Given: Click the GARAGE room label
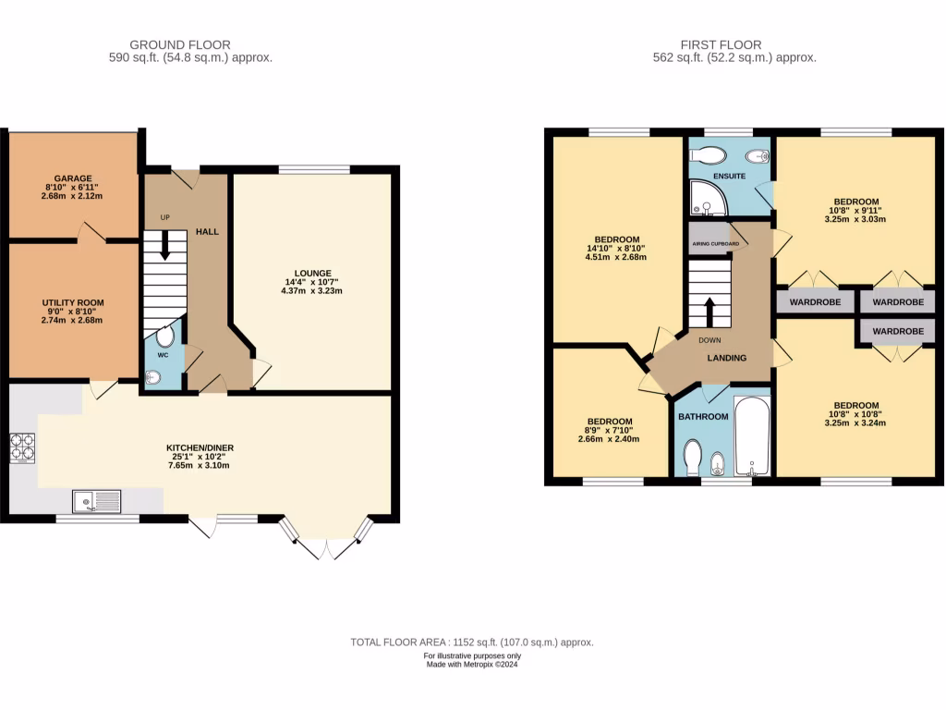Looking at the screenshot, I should click(72, 178).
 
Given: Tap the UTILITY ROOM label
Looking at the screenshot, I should click(72, 302).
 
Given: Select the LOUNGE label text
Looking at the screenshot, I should click(313, 273).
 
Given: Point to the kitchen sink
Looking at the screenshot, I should click(96, 501).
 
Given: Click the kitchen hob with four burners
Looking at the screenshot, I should click(22, 448).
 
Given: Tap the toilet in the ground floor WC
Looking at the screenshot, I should click(164, 337).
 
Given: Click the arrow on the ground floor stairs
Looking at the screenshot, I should click(164, 242).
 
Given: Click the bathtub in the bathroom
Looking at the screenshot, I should click(752, 435).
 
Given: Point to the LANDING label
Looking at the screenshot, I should click(727, 358).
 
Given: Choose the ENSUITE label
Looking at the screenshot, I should click(729, 174).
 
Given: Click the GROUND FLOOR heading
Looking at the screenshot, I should click(180, 44).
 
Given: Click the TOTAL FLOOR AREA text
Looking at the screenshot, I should click(471, 642).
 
